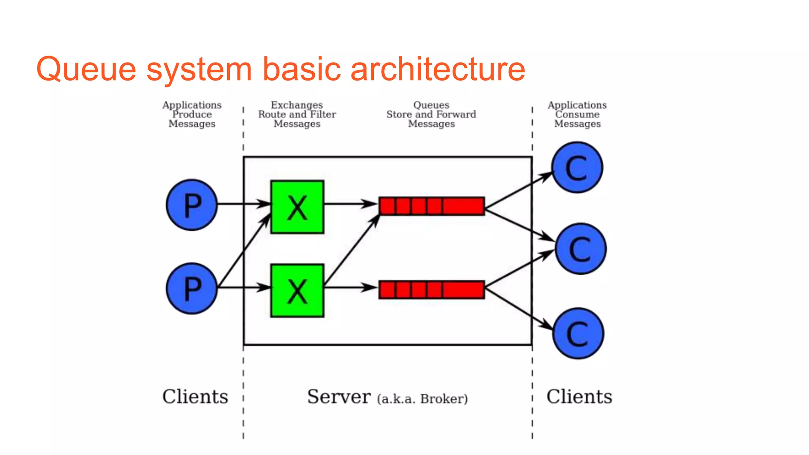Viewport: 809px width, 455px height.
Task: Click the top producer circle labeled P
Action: coord(192,205)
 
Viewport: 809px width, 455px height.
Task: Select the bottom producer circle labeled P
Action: coord(192,288)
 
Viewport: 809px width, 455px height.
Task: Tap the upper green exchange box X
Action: coord(297,207)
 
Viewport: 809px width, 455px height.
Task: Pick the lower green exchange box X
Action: coord(297,291)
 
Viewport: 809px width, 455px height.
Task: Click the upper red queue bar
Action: coord(431,206)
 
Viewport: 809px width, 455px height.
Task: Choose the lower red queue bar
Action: coord(431,290)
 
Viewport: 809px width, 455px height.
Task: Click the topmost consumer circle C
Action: coord(577,167)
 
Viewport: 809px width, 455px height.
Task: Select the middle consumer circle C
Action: coord(580,249)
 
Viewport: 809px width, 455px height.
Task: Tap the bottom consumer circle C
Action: coord(578,333)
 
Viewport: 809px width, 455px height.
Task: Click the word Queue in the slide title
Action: coord(86,69)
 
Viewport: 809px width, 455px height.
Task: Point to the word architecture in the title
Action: coord(438,69)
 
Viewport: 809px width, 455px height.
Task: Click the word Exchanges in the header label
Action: coord(297,105)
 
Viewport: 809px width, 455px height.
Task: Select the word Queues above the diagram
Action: coord(431,105)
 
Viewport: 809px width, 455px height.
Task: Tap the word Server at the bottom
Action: coord(339,397)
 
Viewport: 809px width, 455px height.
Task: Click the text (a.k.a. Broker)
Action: coord(422,399)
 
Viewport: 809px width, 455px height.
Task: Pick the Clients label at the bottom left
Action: coord(195,397)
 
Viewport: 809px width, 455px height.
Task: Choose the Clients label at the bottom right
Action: coord(579,397)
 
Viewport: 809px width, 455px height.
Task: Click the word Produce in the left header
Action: coord(192,115)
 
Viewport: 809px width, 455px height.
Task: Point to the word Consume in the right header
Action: coord(577,115)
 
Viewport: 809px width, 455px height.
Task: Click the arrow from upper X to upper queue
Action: coord(350,204)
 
